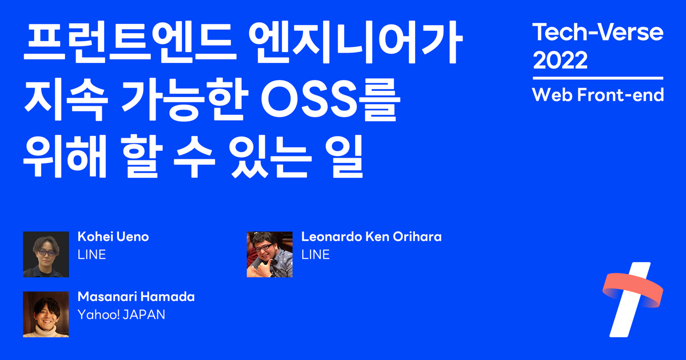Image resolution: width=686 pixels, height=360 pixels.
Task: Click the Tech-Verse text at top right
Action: click(597, 33)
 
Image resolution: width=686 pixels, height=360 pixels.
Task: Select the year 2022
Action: click(560, 60)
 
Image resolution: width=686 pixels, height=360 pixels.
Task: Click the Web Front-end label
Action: click(597, 95)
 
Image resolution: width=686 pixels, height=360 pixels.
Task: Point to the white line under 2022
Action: click(597, 78)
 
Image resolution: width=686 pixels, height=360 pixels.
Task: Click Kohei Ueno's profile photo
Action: click(46, 254)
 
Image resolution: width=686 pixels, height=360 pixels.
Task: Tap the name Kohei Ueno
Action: click(113, 237)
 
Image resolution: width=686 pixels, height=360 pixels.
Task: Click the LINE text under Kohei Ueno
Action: click(91, 255)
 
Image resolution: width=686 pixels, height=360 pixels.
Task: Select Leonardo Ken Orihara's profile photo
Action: click(269, 254)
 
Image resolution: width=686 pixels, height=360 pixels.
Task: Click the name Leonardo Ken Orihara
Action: click(371, 237)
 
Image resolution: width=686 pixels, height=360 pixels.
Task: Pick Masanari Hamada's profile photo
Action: click(46, 314)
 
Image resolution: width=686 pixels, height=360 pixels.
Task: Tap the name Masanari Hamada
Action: click(136, 297)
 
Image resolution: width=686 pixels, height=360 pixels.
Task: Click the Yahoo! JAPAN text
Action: click(121, 315)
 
